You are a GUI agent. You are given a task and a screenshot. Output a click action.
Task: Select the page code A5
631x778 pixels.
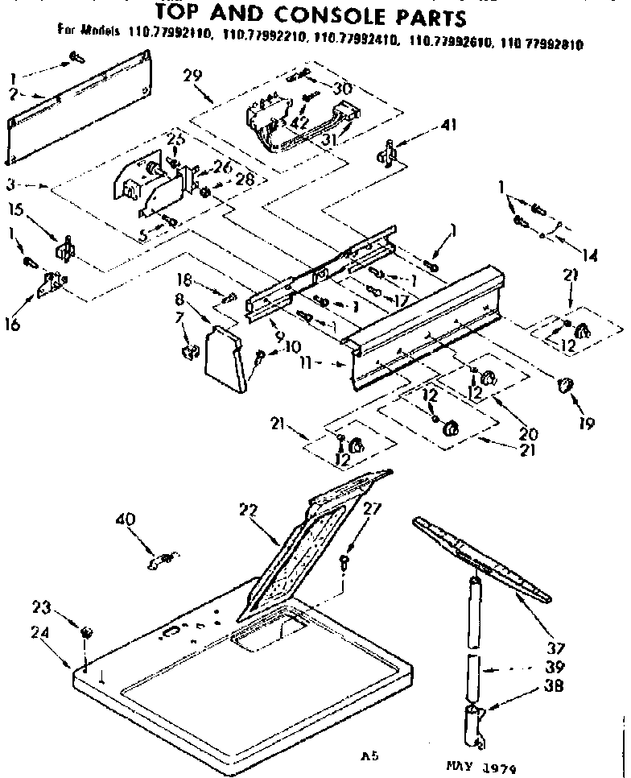[369, 758]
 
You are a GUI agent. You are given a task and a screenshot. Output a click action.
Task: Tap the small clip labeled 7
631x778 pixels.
[190, 352]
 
